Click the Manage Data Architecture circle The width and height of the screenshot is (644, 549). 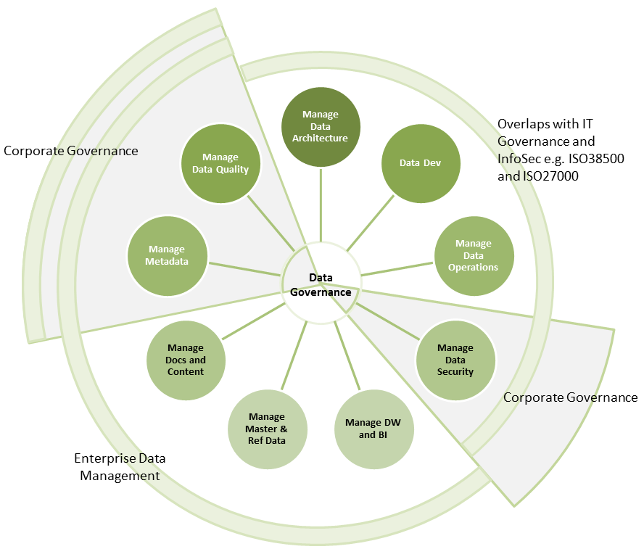tap(321, 126)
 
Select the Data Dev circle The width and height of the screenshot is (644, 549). tap(421, 163)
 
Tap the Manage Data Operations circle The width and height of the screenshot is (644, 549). tap(474, 255)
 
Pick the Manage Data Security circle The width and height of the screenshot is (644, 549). tap(455, 360)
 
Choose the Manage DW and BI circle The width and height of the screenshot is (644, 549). tap(373, 429)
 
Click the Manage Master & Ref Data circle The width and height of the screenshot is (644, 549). tap(267, 429)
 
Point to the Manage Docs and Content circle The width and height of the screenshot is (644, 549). tap(186, 360)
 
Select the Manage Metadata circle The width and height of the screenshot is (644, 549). tap(167, 255)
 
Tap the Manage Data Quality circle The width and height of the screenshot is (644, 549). tap(220, 163)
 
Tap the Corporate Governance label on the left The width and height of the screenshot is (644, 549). tap(71, 151)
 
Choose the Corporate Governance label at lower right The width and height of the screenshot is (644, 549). tap(570, 397)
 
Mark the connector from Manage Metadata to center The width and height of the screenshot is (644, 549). tap(245, 268)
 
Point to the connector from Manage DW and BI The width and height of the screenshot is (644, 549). tap(347, 355)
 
